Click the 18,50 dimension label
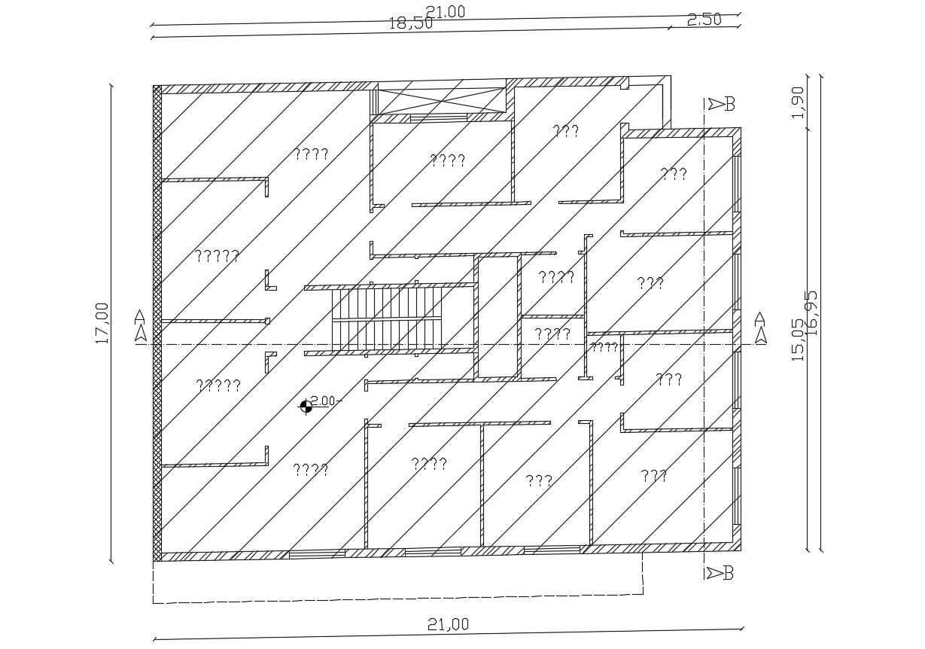point(410,23)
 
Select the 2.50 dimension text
point(704,20)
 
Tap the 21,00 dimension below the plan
point(448,624)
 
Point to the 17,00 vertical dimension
point(102,323)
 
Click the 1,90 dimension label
point(798,102)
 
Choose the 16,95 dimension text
point(811,312)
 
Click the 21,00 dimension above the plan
point(446,11)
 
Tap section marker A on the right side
point(760,328)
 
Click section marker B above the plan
point(720,104)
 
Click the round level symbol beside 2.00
point(306,407)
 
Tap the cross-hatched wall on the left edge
point(157,324)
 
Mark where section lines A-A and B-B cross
point(704,344)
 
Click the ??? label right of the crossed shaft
point(565,131)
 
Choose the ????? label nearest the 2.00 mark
point(218,385)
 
